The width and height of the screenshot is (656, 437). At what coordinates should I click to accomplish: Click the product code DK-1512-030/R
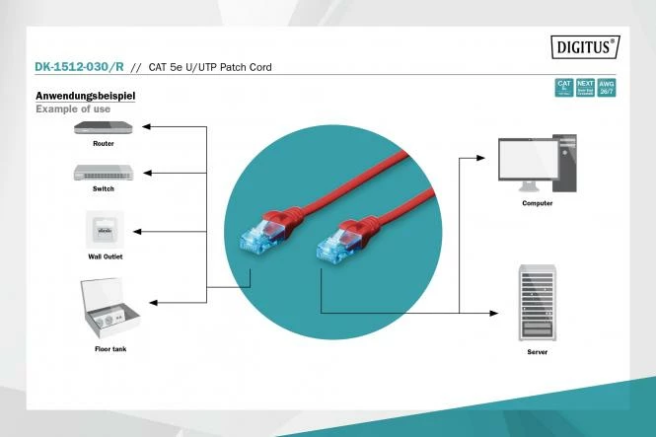point(78,68)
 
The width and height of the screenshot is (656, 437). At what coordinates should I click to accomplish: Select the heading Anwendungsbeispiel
point(85,97)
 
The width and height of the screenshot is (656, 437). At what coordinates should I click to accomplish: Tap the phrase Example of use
point(73,109)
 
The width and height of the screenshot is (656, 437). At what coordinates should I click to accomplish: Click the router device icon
point(104,128)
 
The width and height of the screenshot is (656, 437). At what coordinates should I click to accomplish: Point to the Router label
point(104,144)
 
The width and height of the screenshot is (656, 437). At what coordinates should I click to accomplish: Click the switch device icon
point(104,172)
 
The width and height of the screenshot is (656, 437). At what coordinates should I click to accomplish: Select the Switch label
point(104,187)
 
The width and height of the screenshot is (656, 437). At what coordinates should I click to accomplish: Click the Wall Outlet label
point(105,255)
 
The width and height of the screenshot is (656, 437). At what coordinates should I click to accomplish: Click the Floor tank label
point(109,348)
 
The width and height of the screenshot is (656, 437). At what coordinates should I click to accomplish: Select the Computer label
point(538,203)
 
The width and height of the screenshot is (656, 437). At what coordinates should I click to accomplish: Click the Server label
point(538,351)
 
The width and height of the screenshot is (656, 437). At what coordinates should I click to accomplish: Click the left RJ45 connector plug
point(257,236)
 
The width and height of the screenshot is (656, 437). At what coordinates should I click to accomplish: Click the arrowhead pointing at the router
point(145,127)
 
